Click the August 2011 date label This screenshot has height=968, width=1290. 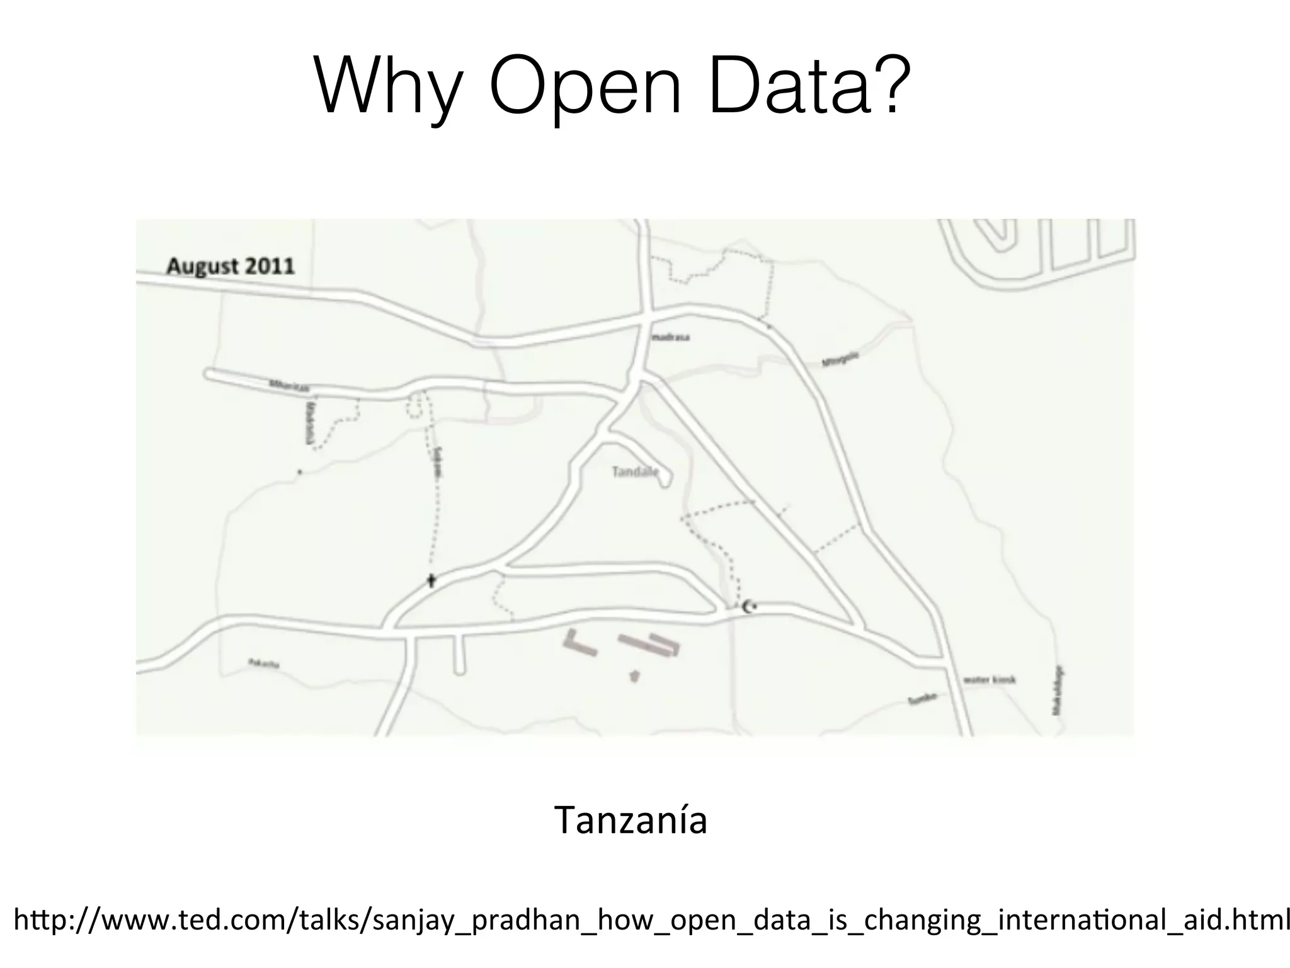[231, 266]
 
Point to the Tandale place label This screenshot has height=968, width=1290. [635, 471]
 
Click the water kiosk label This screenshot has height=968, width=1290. [990, 680]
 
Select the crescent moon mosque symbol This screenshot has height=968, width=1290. [747, 607]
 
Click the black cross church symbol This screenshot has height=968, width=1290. [431, 580]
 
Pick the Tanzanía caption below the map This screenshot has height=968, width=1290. [631, 821]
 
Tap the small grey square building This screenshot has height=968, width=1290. [634, 676]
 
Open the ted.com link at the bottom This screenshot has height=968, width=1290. [649, 921]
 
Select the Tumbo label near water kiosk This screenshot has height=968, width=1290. [923, 699]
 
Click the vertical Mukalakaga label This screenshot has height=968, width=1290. [1058, 690]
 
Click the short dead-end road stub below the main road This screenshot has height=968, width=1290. [459, 655]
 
